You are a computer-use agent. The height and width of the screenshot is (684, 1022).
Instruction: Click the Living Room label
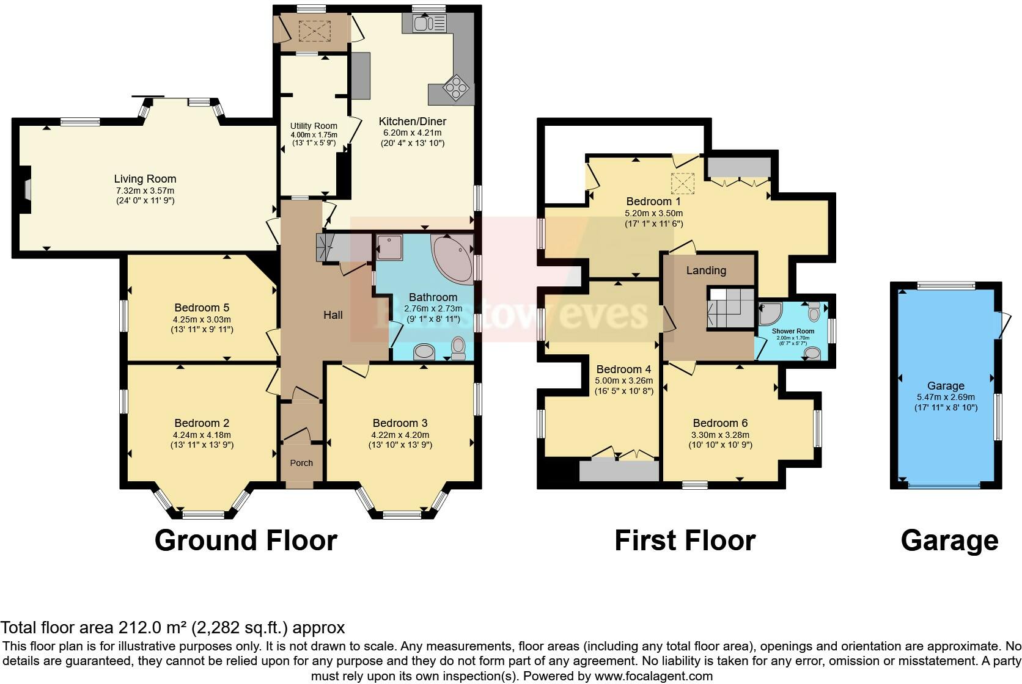tap(145, 179)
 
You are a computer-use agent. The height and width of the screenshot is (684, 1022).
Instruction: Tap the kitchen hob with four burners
tap(456, 87)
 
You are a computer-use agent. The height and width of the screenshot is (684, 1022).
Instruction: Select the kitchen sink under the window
tap(429, 23)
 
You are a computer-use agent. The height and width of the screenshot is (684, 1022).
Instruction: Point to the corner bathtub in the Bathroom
tap(451, 258)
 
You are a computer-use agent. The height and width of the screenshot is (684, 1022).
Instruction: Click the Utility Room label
tap(314, 126)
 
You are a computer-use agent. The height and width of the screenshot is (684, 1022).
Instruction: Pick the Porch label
tap(301, 463)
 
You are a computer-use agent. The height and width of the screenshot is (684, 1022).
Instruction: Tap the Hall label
tap(333, 315)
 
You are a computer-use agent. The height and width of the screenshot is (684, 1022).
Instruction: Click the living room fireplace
tap(26, 189)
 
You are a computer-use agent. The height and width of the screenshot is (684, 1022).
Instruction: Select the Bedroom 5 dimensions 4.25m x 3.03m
tap(202, 319)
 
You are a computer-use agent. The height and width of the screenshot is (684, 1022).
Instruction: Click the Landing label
tap(706, 271)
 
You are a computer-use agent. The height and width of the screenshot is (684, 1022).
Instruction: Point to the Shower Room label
tap(793, 331)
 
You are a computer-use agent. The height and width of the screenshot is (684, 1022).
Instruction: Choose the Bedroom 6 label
tap(720, 423)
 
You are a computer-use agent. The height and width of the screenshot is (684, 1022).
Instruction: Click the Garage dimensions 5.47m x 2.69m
tap(946, 397)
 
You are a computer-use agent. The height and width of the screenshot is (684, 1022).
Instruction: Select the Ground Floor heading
tap(246, 541)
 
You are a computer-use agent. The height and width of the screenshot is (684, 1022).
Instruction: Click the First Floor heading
tap(685, 541)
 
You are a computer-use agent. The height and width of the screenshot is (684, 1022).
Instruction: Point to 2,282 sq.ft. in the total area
tap(240, 628)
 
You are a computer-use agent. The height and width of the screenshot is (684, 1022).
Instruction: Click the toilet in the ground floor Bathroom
tap(458, 348)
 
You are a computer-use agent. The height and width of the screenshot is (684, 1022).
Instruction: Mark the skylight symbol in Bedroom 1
tap(683, 183)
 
